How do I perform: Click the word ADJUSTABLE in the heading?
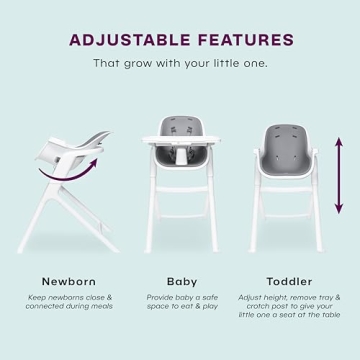[x=128, y=40]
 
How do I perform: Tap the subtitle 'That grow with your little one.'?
[x=180, y=63]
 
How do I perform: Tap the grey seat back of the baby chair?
[x=180, y=127]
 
